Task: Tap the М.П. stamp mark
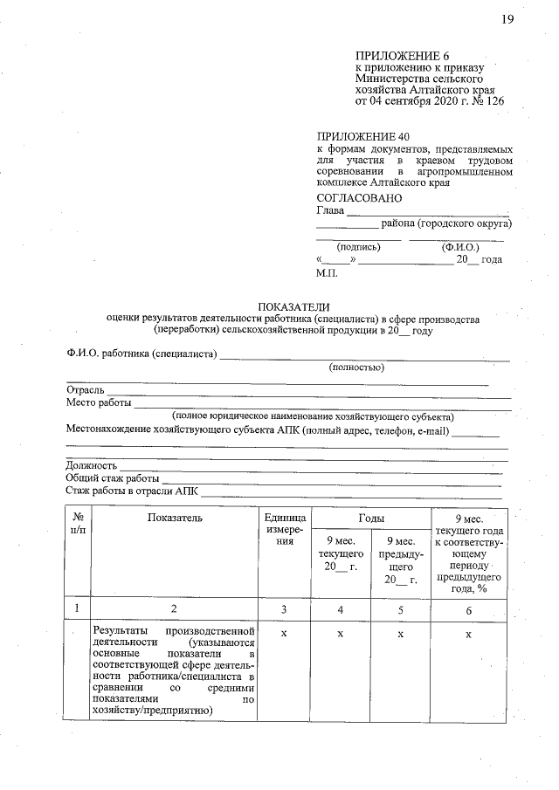click(327, 273)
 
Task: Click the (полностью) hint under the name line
click(355, 368)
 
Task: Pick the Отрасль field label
click(86, 388)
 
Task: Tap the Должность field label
click(92, 465)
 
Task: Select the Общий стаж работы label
click(112, 478)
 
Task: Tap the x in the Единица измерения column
click(284, 633)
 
